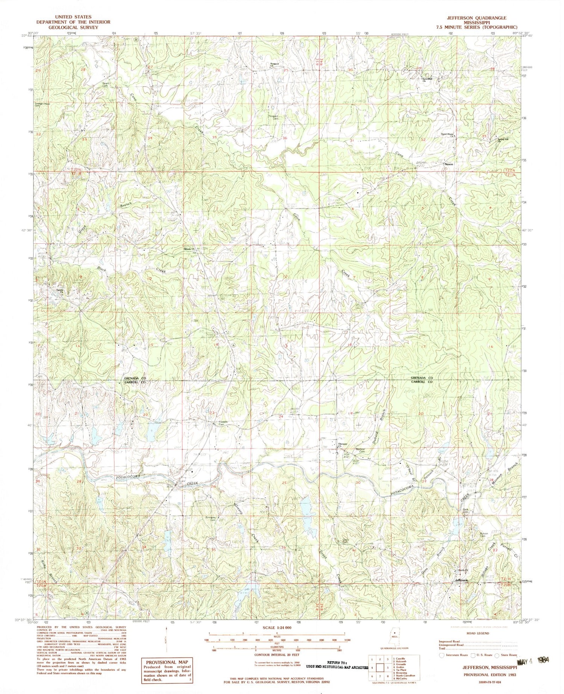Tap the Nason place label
pos(449,164)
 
